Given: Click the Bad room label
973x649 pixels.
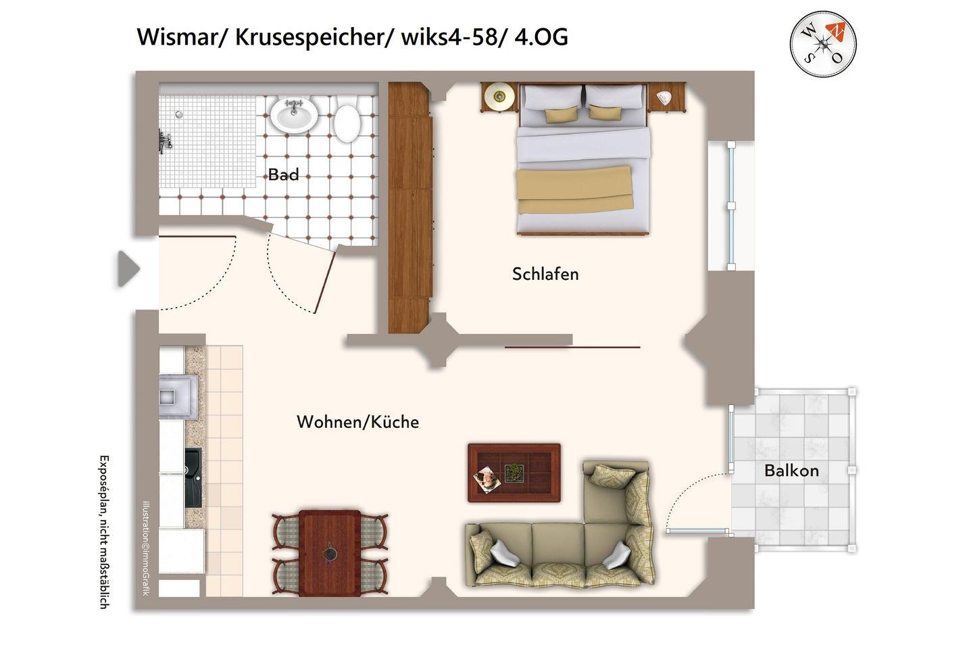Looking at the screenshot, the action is coord(283,174).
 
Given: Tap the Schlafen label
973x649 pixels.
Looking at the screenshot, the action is coord(545,274).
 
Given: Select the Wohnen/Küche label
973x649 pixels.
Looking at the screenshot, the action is coord(357,422).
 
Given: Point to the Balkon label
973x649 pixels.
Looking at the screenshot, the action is coord(791,471).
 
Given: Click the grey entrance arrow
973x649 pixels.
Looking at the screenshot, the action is coord(128,268).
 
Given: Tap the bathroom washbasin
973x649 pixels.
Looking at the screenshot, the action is coord(294,115).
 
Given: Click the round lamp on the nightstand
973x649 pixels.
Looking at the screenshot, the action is coord(499,96).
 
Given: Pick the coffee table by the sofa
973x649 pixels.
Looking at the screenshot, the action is coord(514,473).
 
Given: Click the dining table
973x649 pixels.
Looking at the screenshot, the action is coord(330,553).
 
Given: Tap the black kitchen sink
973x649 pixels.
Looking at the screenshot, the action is coord(193,478).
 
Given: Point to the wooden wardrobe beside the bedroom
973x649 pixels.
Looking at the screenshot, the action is coord(409,208).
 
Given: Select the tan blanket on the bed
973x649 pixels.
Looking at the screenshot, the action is coord(574,190).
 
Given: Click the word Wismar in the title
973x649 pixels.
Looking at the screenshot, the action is coord(182,37).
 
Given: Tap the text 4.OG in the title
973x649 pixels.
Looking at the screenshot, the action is coord(541,37).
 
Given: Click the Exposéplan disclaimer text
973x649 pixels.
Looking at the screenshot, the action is coord(104,532).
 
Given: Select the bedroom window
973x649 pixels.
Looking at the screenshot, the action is coord(731,206).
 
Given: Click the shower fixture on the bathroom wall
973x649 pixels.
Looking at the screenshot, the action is coord(165,141).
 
